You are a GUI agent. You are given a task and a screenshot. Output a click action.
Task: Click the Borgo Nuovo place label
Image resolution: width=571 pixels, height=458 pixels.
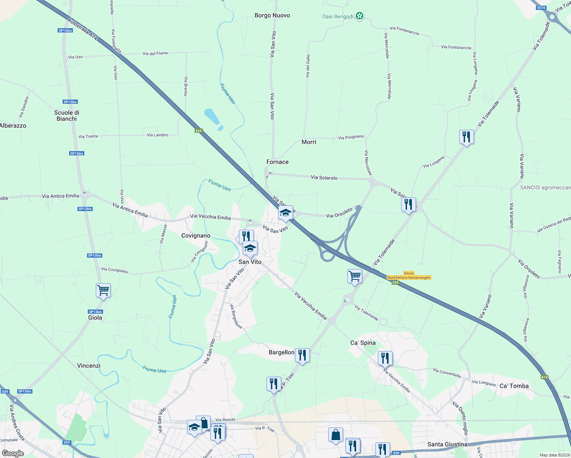point(272,16)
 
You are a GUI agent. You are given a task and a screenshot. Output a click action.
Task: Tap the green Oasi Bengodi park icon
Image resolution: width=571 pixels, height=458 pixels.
point(359,16)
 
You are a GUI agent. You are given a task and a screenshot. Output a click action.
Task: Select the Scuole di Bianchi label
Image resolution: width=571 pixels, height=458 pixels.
point(67,116)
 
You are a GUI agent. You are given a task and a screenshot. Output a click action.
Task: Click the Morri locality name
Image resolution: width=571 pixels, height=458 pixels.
point(309,142)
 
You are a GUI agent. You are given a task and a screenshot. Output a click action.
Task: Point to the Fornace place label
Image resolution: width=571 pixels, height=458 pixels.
point(277,162)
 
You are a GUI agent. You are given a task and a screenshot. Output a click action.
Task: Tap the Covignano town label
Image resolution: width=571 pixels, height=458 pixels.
point(196,235)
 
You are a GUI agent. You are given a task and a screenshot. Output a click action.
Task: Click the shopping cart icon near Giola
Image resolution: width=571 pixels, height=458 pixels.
point(103,290)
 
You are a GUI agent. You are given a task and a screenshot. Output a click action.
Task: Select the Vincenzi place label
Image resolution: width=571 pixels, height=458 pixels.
point(89,366)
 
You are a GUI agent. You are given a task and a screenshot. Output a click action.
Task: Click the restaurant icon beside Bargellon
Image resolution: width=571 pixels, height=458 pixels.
point(302,355)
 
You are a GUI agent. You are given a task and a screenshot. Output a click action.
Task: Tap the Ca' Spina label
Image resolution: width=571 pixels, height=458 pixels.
point(363,343)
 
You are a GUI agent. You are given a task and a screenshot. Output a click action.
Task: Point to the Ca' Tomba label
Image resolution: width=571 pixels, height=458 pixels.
point(514,386)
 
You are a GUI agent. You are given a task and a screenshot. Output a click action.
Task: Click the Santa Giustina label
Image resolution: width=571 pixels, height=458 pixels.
point(447,444)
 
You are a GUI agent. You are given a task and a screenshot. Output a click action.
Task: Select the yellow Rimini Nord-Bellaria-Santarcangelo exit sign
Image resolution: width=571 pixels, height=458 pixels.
point(409,276)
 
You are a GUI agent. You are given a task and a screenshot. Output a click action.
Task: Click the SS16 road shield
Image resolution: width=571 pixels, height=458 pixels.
point(541,8)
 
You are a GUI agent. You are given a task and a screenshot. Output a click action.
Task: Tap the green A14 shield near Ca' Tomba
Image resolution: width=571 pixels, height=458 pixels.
point(544,377)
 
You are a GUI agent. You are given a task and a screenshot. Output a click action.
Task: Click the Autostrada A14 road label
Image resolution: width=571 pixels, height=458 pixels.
point(82,29)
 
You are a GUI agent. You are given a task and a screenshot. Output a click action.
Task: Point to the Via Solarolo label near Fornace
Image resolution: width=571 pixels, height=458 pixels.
point(324,177)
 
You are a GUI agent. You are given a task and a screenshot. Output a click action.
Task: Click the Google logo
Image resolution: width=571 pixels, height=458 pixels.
point(13,453)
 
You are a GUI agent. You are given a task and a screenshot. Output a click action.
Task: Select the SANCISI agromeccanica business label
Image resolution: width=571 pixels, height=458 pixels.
point(545,187)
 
